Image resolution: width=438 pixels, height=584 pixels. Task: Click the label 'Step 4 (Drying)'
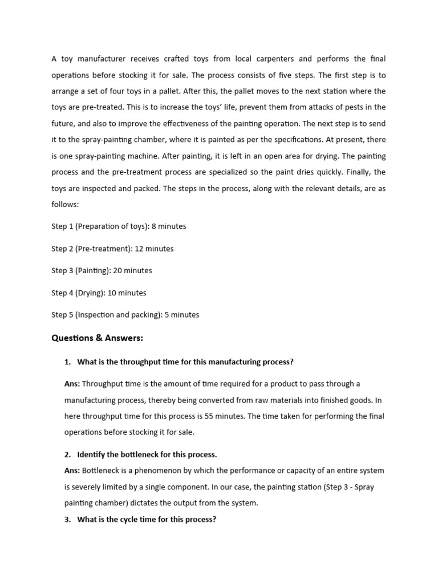[78, 293]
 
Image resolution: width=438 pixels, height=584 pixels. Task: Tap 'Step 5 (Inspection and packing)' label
[107, 315]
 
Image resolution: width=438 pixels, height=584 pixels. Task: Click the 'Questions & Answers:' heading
[97, 338]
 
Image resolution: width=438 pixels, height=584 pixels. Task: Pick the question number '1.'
[68, 362]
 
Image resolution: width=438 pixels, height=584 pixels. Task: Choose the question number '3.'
[68, 520]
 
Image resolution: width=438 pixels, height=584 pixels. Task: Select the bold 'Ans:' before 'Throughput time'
[72, 384]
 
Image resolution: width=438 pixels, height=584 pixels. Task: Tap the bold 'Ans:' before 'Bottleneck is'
[72, 471]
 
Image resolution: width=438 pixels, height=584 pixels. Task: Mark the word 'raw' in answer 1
[250, 400]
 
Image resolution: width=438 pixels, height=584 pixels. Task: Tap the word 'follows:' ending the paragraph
[65, 204]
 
